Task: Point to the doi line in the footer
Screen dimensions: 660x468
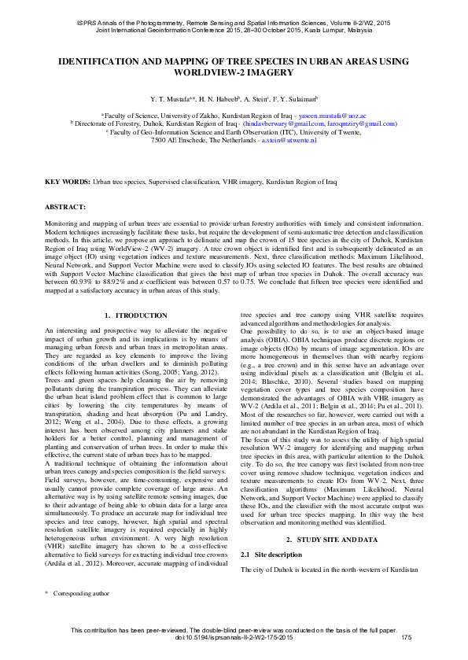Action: tap(234, 647)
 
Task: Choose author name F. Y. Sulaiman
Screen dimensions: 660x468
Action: tap(294, 100)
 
